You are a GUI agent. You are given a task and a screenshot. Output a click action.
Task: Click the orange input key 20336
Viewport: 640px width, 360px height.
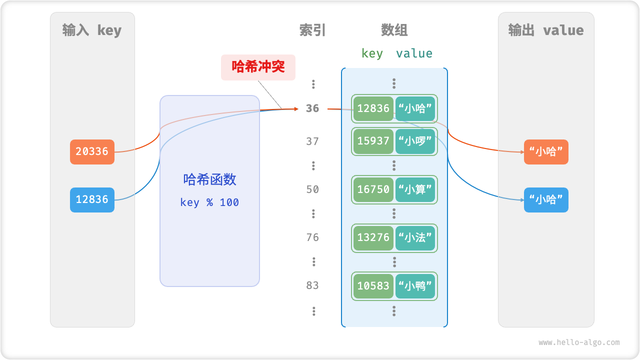tap(92, 151)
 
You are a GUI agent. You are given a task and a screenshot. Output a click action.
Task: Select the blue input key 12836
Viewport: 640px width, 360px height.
tap(92, 199)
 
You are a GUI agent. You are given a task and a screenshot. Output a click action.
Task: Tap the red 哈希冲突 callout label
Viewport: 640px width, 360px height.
tap(258, 67)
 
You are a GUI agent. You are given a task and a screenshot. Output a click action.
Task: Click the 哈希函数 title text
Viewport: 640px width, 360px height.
tap(209, 179)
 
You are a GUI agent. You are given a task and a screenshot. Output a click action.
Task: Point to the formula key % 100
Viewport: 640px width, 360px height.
tap(209, 202)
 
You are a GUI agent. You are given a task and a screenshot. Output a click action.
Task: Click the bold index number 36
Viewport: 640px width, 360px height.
tap(312, 108)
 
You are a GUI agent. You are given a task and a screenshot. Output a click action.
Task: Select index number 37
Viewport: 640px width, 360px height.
tap(312, 141)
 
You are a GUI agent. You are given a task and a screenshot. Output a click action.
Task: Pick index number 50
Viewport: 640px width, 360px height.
tap(312, 189)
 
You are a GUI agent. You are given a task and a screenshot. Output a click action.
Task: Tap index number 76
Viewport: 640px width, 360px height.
tap(312, 237)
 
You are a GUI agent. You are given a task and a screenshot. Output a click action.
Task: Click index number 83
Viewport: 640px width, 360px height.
tap(312, 285)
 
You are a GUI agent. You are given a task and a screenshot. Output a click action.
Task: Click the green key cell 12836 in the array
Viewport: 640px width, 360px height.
tap(373, 109)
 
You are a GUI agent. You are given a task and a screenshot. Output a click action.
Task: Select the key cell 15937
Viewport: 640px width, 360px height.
tap(373, 141)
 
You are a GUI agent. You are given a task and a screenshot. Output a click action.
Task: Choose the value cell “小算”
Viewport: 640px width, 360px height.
tap(415, 189)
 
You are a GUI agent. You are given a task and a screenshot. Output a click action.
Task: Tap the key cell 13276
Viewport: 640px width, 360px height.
tap(373, 237)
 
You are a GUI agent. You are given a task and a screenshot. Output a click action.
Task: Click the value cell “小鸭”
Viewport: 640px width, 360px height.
tap(415, 286)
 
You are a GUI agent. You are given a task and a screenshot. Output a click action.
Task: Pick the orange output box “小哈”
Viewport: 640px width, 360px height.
tap(546, 152)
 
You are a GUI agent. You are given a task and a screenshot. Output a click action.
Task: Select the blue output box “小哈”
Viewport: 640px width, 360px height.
tap(546, 200)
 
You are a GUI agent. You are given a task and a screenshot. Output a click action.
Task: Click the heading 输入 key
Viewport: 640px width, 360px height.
tap(92, 30)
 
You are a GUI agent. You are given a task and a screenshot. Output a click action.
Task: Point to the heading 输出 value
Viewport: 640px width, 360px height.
tap(546, 30)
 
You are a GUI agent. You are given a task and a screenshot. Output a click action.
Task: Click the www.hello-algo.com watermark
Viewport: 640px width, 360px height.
tap(579, 342)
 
